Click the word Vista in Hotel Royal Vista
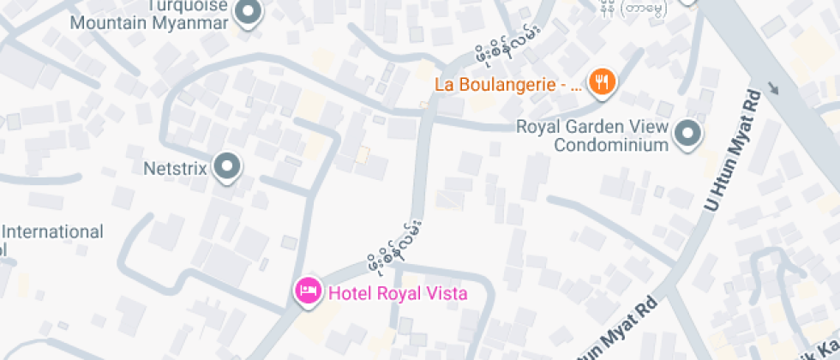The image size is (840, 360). tap(447, 293)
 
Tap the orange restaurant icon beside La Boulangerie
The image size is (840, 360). tap(603, 82)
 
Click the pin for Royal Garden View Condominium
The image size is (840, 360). tap(687, 134)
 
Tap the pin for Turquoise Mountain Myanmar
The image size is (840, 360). tap(249, 13)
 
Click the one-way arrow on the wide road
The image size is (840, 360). tap(775, 87)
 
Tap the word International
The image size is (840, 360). tap(54, 231)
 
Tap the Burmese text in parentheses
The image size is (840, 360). tap(644, 9)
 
